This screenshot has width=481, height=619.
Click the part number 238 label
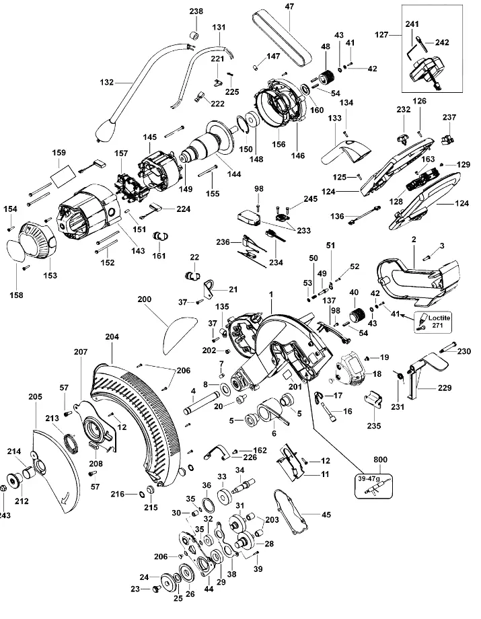click(196, 11)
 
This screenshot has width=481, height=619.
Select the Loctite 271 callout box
click(433, 322)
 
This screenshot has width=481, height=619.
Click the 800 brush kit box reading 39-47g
click(373, 485)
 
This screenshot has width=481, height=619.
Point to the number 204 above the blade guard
click(112, 336)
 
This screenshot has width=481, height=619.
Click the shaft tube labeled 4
click(203, 403)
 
